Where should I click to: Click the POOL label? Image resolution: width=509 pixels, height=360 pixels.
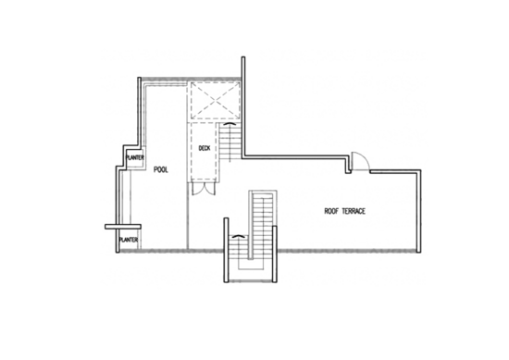[161, 169]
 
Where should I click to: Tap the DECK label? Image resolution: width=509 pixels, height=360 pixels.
[205, 148]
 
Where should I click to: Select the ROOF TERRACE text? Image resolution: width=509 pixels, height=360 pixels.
[345, 211]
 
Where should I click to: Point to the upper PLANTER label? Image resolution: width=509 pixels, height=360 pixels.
[135, 157]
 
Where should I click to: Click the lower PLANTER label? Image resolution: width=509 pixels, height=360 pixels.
[129, 240]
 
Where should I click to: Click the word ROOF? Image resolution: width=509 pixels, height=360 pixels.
[331, 211]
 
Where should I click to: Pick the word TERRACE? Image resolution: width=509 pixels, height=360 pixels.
[354, 211]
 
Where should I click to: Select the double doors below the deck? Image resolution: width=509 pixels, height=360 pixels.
[204, 189]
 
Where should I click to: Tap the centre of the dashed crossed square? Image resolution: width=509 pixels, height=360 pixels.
[216, 101]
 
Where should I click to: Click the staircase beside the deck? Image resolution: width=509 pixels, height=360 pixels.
[230, 142]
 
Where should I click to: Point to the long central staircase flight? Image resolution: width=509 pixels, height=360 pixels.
[263, 225]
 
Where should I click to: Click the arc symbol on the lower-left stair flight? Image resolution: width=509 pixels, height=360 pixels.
[238, 236]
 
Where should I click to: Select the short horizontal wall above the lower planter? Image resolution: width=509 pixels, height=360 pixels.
[123, 227]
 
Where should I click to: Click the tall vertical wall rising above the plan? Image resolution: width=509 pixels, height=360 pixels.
[243, 106]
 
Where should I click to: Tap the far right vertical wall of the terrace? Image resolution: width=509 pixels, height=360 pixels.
[418, 211]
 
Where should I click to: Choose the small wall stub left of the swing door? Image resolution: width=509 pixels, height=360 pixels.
[348, 165]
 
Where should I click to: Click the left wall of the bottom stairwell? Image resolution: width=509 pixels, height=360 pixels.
[226, 250]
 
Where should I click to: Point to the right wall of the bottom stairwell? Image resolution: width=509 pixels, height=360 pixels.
[275, 254]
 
